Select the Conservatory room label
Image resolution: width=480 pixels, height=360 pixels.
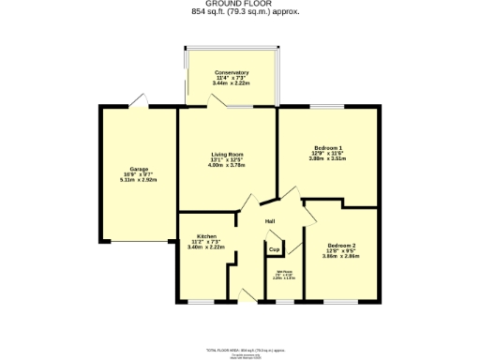coord(231,72)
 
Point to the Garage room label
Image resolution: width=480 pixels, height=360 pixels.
coord(140,169)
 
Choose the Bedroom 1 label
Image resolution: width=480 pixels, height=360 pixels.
coord(328,148)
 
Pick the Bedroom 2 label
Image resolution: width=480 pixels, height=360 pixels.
coord(327,246)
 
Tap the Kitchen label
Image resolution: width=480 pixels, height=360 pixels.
coord(207,236)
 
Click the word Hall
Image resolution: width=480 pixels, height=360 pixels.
coord(270,221)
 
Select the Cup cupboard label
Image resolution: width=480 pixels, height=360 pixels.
coord(275,250)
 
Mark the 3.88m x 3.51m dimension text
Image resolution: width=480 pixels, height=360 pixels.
coord(328,159)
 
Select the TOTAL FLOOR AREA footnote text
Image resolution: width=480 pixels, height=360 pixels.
coord(240,348)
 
